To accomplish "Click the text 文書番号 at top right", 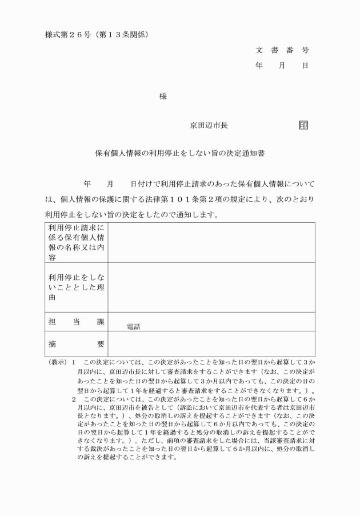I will pos(282,50).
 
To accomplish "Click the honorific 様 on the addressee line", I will pos(163,97).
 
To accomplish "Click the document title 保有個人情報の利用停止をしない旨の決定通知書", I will pos(179,154).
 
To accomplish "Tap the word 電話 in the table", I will pos(133,327).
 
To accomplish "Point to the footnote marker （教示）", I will pos(57,363).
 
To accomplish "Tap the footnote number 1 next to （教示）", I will pos(74,363).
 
